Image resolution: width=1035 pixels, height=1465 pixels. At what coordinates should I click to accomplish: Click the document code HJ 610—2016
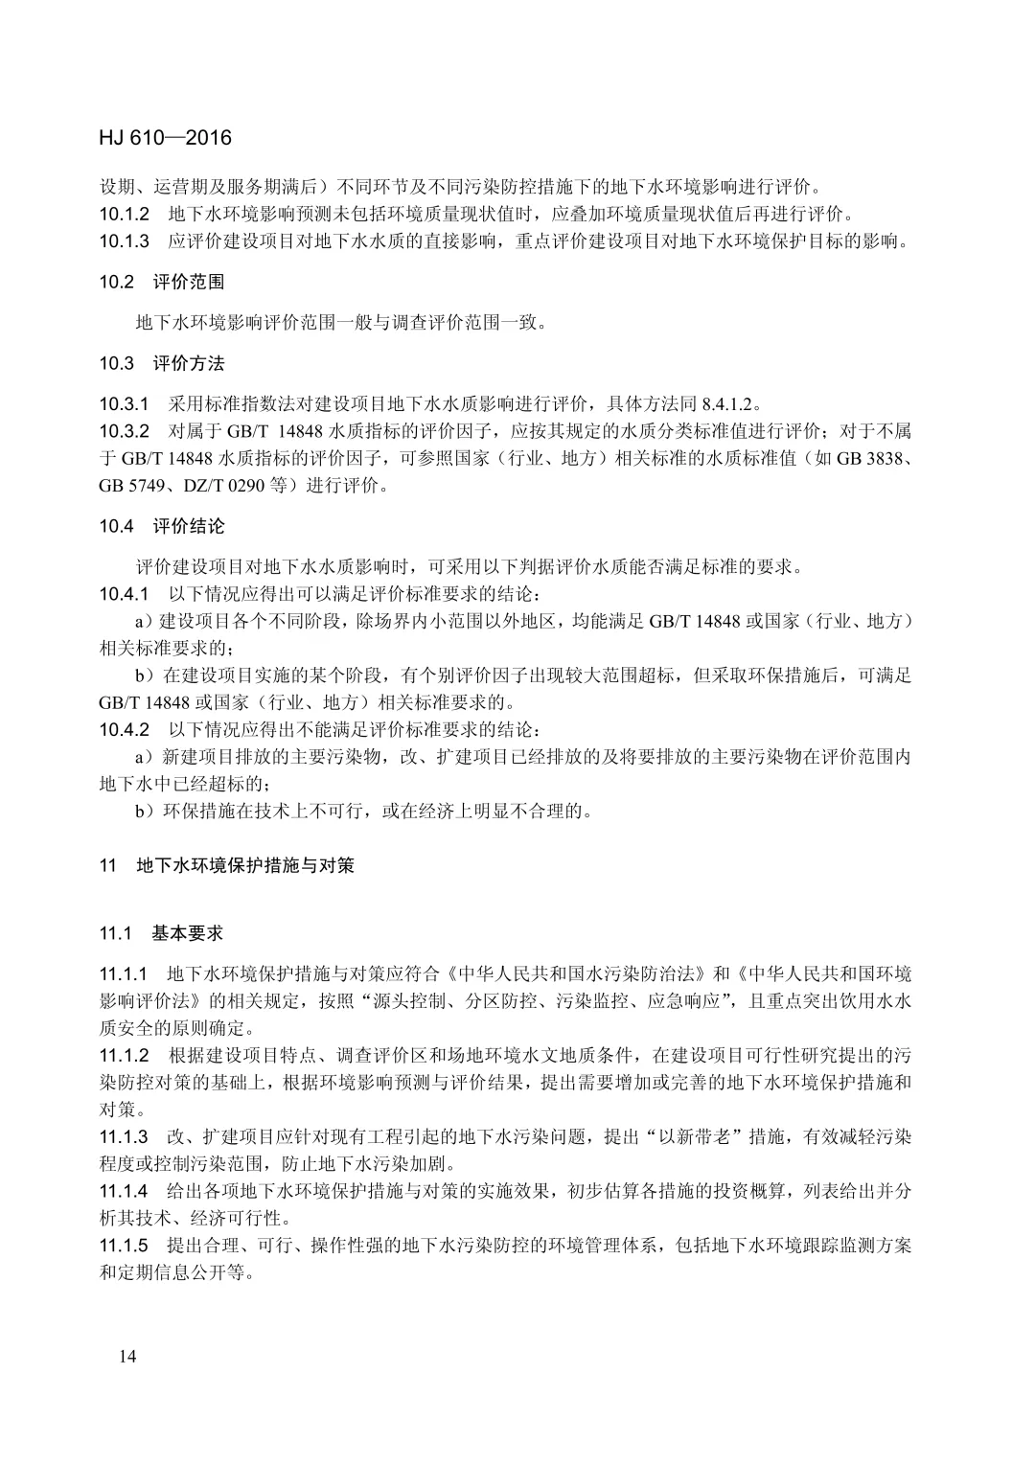pos(165,138)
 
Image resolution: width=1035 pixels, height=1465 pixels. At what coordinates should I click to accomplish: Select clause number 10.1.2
pos(125,213)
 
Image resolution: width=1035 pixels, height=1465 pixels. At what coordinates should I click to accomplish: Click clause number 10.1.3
pos(125,240)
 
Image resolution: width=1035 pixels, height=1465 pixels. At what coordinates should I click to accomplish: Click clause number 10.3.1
pos(125,402)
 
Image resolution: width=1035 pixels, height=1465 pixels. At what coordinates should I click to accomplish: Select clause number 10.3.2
pos(125,430)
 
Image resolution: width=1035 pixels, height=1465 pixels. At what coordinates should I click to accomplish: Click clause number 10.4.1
pos(125,593)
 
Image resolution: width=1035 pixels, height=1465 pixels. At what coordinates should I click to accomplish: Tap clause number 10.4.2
pos(125,729)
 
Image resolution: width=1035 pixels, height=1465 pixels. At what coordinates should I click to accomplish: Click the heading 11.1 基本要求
pos(161,933)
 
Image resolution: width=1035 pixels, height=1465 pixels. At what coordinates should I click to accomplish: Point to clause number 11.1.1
pos(125,974)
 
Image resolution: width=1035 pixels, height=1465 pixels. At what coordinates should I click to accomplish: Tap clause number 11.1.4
pos(125,1192)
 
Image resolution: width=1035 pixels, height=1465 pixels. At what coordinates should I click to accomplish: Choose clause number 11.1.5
pos(125,1247)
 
